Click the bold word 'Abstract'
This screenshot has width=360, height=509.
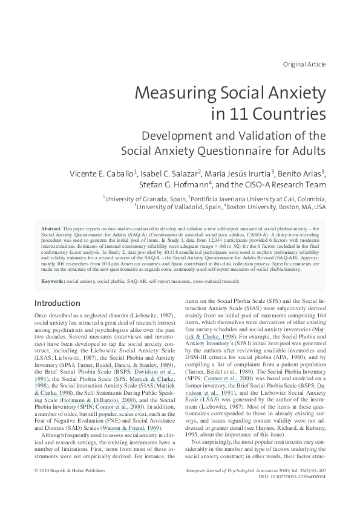click(50, 229)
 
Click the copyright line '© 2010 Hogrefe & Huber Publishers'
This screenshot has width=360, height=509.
click(70, 470)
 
